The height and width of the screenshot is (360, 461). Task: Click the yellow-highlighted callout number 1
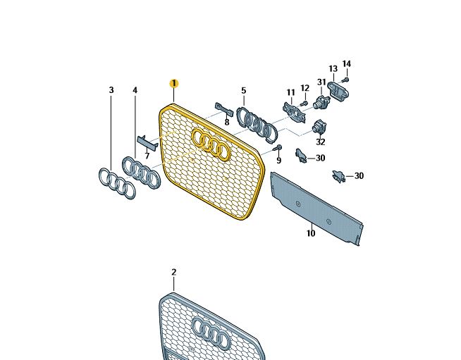[x=174, y=83]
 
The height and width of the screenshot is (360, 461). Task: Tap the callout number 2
[x=174, y=272]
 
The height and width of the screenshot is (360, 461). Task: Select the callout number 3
[x=111, y=90]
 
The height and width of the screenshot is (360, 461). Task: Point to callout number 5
[x=243, y=91]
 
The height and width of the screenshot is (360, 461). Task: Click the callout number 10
[x=311, y=233]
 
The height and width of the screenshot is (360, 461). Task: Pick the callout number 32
[x=321, y=142]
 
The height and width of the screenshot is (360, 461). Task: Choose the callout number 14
[x=347, y=64]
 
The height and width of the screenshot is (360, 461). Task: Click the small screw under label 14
[x=346, y=80]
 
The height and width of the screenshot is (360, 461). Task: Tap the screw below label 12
[x=304, y=103]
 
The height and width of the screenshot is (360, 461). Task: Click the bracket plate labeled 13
[x=338, y=89]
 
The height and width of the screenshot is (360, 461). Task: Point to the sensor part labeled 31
[x=321, y=101]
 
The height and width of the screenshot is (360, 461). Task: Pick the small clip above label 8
[x=224, y=109]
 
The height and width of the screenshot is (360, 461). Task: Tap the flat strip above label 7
[x=147, y=142]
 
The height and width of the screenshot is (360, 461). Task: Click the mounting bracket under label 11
[x=294, y=112]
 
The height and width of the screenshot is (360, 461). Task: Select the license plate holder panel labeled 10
[x=317, y=209]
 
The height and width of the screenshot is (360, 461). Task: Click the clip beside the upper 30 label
[x=301, y=156]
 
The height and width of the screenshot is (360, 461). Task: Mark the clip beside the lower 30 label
[x=338, y=176]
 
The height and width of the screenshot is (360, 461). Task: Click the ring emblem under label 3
[x=117, y=183]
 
